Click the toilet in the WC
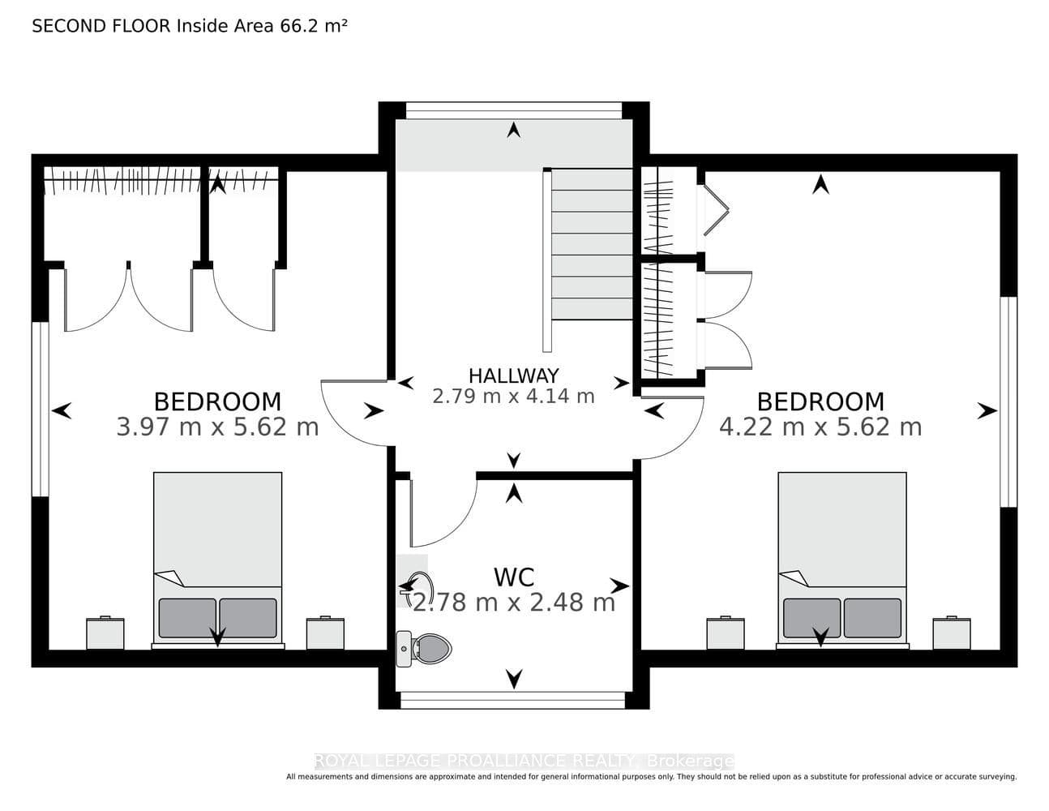(424, 649)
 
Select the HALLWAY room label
(514, 375)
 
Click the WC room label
(514, 577)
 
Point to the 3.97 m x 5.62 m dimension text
(218, 427)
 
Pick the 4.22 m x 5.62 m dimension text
(820, 427)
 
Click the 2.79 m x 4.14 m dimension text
(514, 397)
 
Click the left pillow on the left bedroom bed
(187, 618)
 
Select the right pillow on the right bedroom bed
(872, 618)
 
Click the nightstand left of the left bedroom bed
(105, 633)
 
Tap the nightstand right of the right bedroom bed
(952, 633)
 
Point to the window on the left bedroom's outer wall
(41, 409)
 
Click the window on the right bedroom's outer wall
(1008, 401)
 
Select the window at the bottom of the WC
(513, 700)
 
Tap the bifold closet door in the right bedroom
(716, 210)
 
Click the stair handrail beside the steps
(547, 261)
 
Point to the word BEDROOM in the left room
(218, 401)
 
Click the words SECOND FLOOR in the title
(101, 26)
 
